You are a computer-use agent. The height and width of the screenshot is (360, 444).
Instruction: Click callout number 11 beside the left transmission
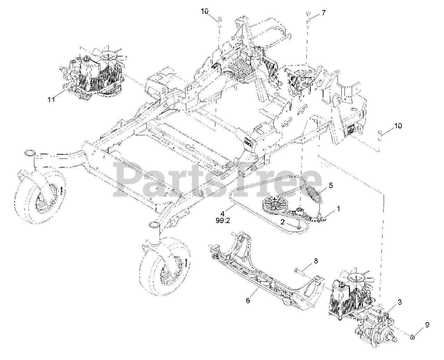coord(51,100)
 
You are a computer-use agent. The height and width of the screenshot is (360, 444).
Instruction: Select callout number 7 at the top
coord(323,13)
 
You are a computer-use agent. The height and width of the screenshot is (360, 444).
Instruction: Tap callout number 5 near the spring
coord(331,186)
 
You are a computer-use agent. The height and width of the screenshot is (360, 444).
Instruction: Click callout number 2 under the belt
coord(283,221)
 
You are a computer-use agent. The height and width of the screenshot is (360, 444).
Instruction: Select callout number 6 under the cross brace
coord(248,300)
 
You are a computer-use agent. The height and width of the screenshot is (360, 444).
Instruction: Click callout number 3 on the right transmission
coord(400,302)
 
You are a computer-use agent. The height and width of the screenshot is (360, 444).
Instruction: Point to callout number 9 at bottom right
coord(427,325)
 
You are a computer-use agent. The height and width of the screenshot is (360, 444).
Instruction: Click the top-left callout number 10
coord(205,11)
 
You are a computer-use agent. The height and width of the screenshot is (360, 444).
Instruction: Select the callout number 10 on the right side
coord(398,126)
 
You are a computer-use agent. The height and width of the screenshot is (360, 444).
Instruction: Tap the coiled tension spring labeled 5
coord(313,193)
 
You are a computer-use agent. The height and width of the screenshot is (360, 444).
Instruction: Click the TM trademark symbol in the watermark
coord(326,166)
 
